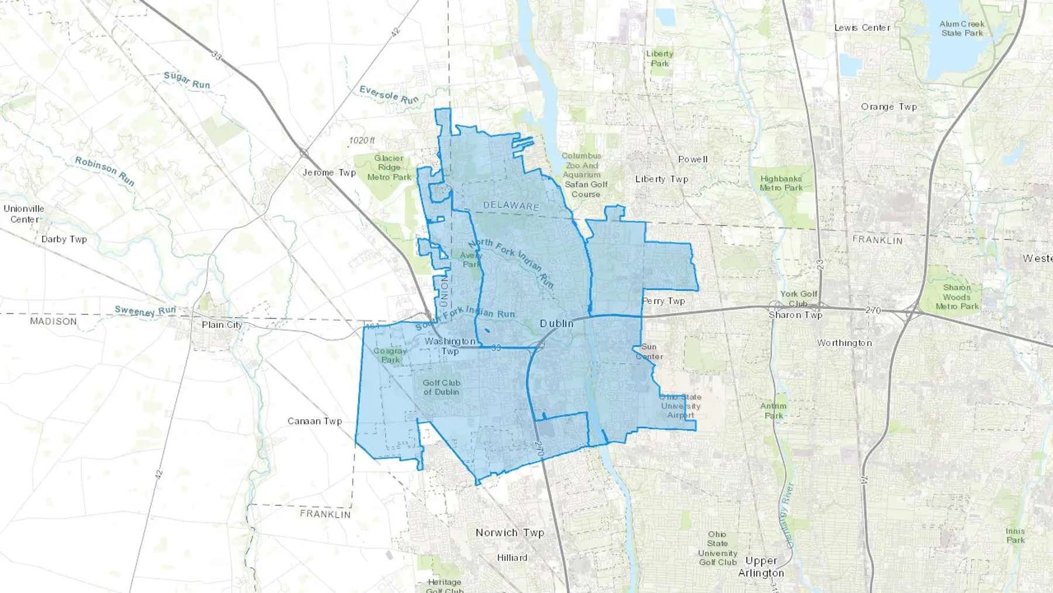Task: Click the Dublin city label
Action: (x=556, y=323)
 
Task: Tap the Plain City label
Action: (x=222, y=325)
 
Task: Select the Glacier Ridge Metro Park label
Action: (x=389, y=167)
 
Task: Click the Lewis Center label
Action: (x=862, y=28)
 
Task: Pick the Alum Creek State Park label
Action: (x=962, y=29)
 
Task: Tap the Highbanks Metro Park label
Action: (x=781, y=183)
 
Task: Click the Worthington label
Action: (x=844, y=343)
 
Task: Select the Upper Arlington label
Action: (x=761, y=567)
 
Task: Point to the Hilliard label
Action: (x=512, y=558)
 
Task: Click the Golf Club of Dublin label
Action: (x=441, y=388)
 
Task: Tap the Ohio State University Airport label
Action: (x=680, y=406)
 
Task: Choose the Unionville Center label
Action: (x=24, y=214)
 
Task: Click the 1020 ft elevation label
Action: (x=362, y=140)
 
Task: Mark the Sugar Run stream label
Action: (x=187, y=80)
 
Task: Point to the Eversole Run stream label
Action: (x=389, y=95)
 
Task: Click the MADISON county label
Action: (x=53, y=321)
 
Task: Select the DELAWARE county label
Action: (x=511, y=205)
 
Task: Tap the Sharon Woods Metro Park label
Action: (x=957, y=297)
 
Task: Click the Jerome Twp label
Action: (x=329, y=173)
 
